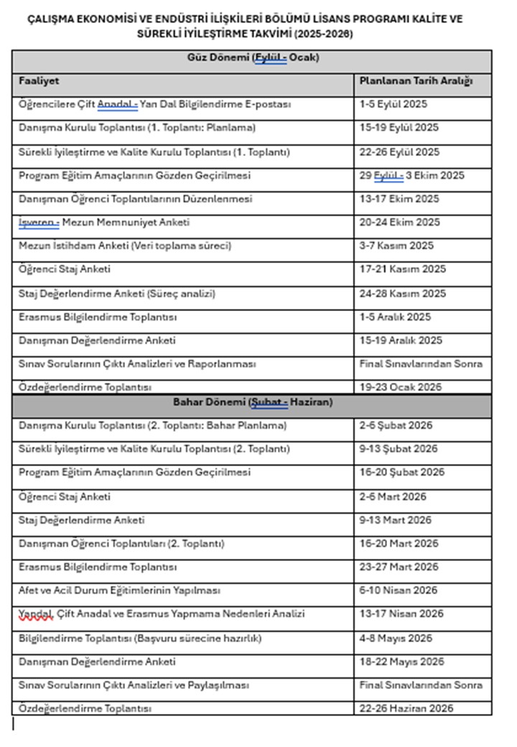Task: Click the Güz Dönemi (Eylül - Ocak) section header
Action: pyautogui.click(x=252, y=57)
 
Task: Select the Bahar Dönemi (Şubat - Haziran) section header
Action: pyautogui.click(x=252, y=402)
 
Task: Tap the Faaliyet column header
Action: pyautogui.click(x=39, y=81)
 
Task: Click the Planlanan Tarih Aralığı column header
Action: pyautogui.click(x=416, y=81)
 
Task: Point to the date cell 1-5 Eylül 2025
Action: pyautogui.click(x=393, y=104)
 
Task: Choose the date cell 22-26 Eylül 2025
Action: pyautogui.click(x=399, y=152)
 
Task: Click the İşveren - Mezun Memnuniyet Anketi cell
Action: pyautogui.click(x=104, y=223)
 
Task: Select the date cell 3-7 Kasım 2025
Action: pyautogui.click(x=396, y=246)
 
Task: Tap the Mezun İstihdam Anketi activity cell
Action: pyautogui.click(x=125, y=246)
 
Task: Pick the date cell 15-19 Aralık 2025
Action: pyautogui.click(x=401, y=340)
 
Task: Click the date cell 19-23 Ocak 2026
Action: pyautogui.click(x=401, y=387)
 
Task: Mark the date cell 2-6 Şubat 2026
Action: pyautogui.click(x=396, y=425)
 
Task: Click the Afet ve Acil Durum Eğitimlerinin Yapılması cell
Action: pyautogui.click(x=119, y=590)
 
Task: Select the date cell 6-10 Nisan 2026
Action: pyautogui.click(x=398, y=590)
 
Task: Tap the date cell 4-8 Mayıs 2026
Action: pyautogui.click(x=396, y=639)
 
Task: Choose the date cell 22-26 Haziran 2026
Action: pyautogui.click(x=406, y=709)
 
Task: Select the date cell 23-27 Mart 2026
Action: pyautogui.click(x=399, y=567)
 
